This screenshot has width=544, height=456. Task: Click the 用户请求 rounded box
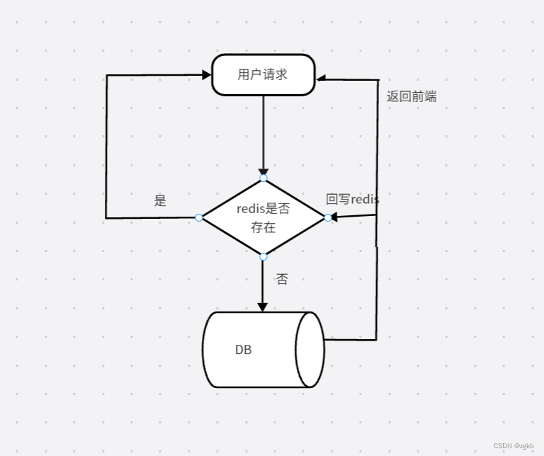click(263, 74)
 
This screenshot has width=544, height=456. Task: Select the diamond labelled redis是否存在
click(263, 217)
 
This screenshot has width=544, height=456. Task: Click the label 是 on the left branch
click(160, 200)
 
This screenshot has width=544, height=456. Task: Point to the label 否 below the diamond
click(282, 279)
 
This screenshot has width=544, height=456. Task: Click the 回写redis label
click(352, 200)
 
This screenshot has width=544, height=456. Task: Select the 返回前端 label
click(412, 97)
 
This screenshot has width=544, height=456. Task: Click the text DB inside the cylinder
click(243, 350)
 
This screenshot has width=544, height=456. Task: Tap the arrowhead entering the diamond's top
click(263, 173)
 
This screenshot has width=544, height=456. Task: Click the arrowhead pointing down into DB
click(262, 307)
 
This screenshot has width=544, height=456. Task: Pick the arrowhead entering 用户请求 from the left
click(207, 74)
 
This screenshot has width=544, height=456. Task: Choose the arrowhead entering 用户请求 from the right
click(321, 79)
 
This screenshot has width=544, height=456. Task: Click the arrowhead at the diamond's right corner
click(332, 217)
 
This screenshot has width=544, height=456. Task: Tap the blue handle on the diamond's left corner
click(199, 217)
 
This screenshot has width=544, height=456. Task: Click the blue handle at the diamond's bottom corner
click(263, 256)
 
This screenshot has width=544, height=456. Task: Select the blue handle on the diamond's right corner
click(328, 217)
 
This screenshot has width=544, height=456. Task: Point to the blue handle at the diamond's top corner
click(263, 178)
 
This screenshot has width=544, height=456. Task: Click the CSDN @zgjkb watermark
click(513, 446)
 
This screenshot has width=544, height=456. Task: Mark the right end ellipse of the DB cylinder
click(310, 350)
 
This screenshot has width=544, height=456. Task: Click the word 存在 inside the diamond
click(263, 228)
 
